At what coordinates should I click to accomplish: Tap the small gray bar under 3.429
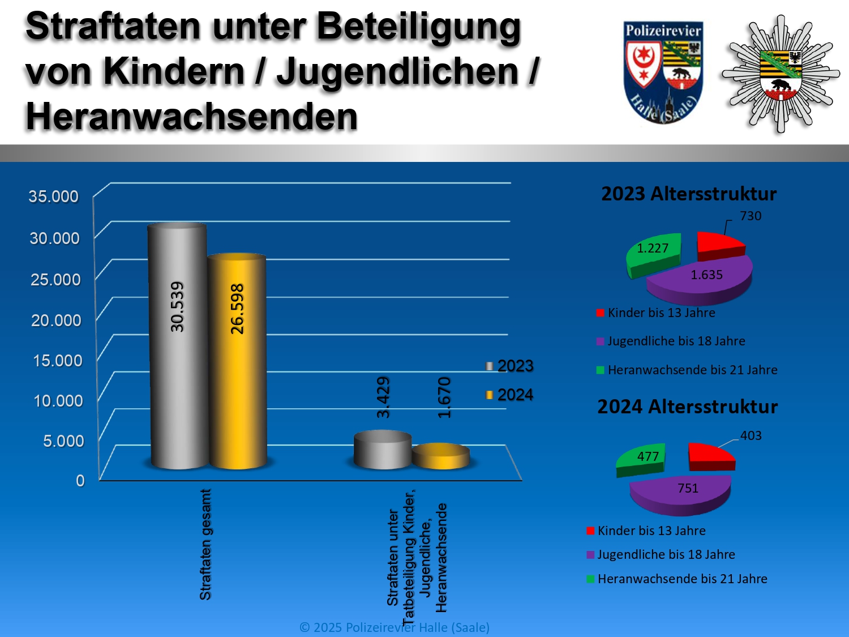383,450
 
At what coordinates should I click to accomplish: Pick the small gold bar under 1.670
441,457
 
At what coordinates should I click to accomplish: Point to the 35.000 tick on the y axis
54,196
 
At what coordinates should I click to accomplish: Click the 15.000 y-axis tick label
58,361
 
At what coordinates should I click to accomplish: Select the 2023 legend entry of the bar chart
509,366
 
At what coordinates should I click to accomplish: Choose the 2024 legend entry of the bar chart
509,395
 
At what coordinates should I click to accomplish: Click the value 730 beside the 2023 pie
751,216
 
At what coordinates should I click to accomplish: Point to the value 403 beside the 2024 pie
751,435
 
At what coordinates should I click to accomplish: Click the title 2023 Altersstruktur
689,194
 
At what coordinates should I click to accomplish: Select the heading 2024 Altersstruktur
688,407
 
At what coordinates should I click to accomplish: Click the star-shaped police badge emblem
781,74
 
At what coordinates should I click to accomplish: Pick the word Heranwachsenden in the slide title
192,117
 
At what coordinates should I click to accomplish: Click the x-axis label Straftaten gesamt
205,544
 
